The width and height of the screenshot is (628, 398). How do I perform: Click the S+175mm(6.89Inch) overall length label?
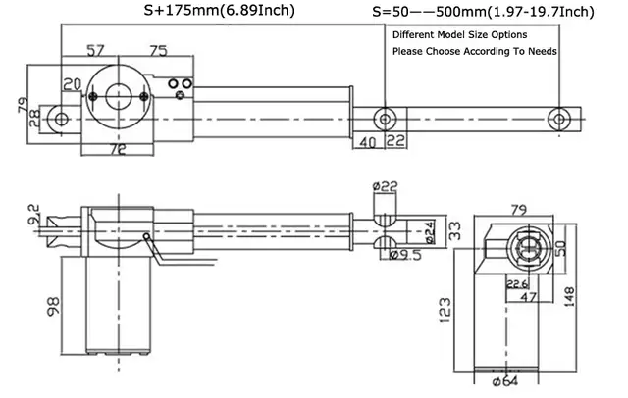[x=220, y=11]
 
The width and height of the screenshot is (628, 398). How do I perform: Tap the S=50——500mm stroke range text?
[x=430, y=12]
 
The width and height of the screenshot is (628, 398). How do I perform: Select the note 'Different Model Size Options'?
[x=459, y=34]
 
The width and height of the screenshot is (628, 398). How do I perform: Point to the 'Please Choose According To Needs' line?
[x=475, y=52]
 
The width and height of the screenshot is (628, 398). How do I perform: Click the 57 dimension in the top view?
[x=95, y=51]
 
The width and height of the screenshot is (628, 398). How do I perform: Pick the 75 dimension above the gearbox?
[x=159, y=51]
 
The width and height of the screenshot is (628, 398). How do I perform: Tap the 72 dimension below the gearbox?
[x=118, y=149]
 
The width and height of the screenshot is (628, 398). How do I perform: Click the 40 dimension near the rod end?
[x=367, y=142]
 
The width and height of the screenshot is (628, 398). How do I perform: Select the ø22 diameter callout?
[x=385, y=186]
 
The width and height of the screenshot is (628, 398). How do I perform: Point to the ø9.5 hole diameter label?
[x=405, y=255]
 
